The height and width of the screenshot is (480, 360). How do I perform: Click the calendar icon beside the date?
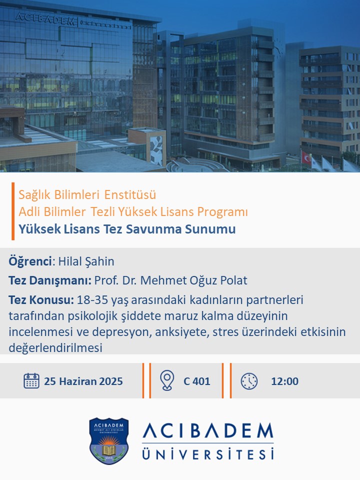click(x=31, y=381)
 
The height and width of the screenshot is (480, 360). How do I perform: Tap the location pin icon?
click(x=167, y=380)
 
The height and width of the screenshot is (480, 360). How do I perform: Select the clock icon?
click(x=249, y=381)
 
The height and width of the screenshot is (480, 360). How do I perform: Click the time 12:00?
click(x=284, y=381)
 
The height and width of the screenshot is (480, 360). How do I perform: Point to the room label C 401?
click(x=197, y=381)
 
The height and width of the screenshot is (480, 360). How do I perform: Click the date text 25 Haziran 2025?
click(x=83, y=381)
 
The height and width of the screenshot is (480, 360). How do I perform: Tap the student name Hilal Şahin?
click(x=86, y=261)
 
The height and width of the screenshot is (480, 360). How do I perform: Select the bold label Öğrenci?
click(x=30, y=261)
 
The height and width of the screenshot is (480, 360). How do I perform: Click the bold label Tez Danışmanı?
click(x=50, y=280)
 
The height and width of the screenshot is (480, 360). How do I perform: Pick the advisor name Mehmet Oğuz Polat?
click(x=193, y=280)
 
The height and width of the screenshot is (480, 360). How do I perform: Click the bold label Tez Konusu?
click(x=41, y=300)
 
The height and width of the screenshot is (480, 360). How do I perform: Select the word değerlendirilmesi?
click(x=55, y=348)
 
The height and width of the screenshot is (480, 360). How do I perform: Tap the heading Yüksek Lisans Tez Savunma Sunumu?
click(x=127, y=229)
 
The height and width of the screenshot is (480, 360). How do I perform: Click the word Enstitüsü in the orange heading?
click(x=130, y=194)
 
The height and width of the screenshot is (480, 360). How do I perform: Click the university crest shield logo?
click(x=108, y=440)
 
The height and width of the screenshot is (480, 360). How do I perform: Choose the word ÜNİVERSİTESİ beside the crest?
click(x=208, y=453)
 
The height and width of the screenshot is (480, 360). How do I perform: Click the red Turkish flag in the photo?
click(x=306, y=157)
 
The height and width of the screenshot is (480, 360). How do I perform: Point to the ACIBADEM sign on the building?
click(x=45, y=19)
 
